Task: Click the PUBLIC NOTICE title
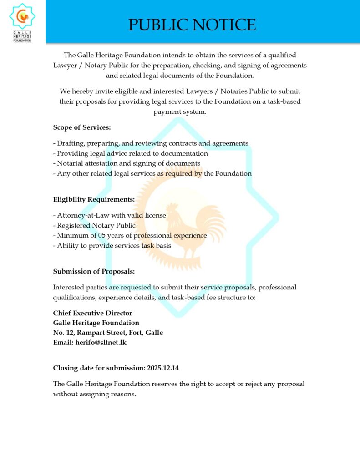(192, 25)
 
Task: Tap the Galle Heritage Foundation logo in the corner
(22, 21)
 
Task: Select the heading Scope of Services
(82, 127)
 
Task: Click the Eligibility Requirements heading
(94, 199)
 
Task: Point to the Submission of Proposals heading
(94, 272)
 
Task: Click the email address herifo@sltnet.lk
(101, 343)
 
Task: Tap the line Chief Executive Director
(92, 313)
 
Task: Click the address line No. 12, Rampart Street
(108, 333)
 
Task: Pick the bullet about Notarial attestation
(127, 163)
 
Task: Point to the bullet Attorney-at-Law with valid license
(109, 215)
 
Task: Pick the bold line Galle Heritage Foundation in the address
(96, 323)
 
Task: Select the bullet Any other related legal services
(152, 173)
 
